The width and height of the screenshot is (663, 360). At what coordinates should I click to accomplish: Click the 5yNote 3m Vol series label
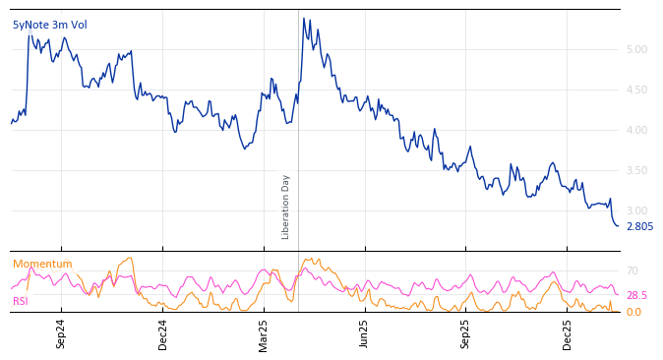point(48,25)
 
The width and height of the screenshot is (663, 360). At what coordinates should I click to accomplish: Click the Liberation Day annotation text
point(286,207)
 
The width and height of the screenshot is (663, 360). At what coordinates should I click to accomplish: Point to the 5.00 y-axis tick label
point(636,49)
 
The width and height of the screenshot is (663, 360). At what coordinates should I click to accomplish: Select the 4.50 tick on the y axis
point(636,90)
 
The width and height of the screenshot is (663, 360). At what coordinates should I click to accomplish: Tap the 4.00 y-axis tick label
point(636,130)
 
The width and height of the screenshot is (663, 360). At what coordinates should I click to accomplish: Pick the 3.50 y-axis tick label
point(636,171)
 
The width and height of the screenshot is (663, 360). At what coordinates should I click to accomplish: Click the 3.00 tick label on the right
point(636,211)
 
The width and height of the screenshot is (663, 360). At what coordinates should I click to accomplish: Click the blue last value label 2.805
point(639,226)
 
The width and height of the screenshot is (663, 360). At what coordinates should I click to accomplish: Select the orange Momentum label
point(42,264)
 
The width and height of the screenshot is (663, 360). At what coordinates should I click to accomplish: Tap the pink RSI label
point(21,301)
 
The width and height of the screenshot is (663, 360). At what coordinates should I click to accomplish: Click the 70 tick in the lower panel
point(633,270)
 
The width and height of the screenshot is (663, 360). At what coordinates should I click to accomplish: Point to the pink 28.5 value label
point(636,295)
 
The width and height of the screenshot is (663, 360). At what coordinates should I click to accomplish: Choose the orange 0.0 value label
point(633,312)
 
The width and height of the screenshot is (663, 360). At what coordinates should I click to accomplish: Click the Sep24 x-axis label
point(61,334)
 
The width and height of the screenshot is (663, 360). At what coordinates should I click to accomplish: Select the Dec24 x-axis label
point(163,334)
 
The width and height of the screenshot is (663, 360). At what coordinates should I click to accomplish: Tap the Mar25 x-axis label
point(264,334)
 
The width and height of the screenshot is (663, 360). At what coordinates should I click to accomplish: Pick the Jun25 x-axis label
point(364,334)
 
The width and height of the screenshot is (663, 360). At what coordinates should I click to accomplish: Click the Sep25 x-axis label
point(465,334)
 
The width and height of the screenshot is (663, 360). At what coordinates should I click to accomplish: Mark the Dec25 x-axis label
point(568,334)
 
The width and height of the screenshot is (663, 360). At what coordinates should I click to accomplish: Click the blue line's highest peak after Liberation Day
point(304,18)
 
